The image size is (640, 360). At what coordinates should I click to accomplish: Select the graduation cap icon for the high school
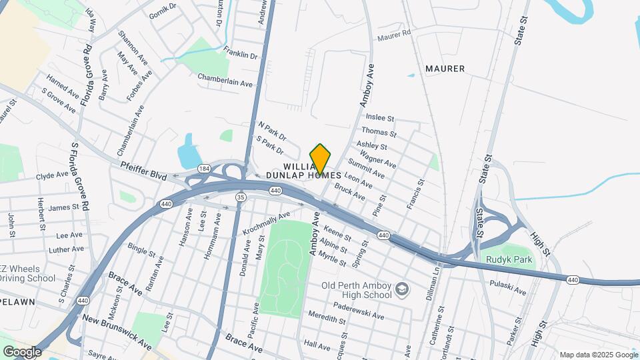402,289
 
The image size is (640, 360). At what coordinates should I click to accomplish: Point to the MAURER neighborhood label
445,69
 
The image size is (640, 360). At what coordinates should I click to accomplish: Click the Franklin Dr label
241,55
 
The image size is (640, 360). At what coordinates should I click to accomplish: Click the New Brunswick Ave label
116,331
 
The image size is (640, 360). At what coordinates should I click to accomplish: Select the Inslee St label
380,118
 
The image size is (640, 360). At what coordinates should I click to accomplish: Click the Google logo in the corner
22,351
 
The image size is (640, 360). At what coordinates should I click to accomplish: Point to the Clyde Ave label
52,175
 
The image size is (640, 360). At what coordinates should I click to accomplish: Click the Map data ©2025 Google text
597,355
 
